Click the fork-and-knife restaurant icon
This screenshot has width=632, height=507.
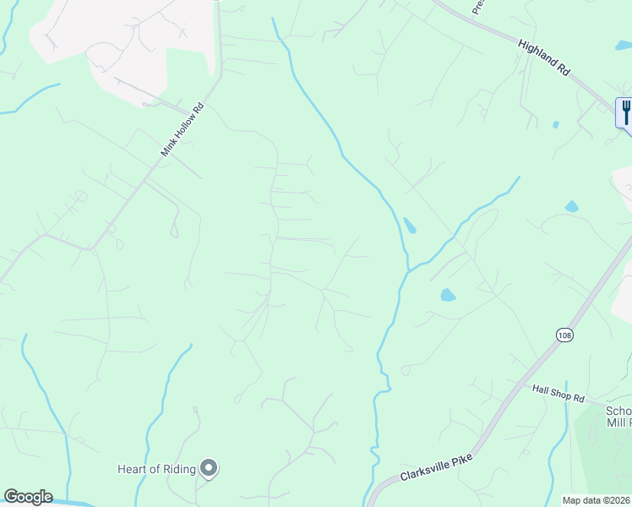pyautogui.click(x=625, y=112)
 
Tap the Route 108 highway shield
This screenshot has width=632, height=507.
pyautogui.click(x=564, y=335)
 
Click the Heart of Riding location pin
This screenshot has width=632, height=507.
pyautogui.click(x=209, y=468)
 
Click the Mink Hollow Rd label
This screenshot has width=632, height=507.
pyautogui.click(x=183, y=129)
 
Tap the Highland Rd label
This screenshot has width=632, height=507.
pyautogui.click(x=544, y=60)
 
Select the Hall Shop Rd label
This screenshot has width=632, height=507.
pyautogui.click(x=558, y=394)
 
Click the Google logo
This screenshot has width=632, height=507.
pyautogui.click(x=28, y=497)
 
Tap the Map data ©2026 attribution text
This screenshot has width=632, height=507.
pyautogui.click(x=597, y=500)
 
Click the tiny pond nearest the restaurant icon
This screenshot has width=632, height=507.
pyautogui.click(x=555, y=124)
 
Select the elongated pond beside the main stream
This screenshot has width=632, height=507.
pyautogui.click(x=410, y=226)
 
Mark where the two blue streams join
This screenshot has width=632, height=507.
pyautogui.click(x=409, y=269)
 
